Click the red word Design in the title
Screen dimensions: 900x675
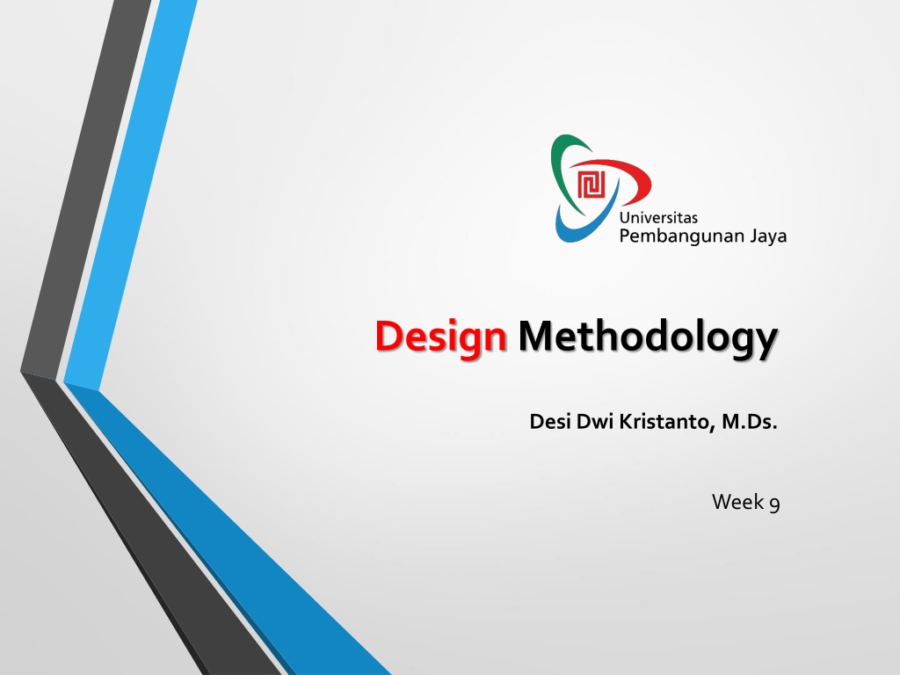pyautogui.click(x=441, y=338)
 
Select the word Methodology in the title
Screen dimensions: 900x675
pyautogui.click(x=648, y=338)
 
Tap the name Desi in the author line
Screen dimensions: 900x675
pyautogui.click(x=550, y=421)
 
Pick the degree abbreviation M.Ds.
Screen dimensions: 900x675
pyautogui.click(x=750, y=422)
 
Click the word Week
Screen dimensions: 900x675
pyautogui.click(x=737, y=502)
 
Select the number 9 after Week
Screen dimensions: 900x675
pyautogui.click(x=774, y=504)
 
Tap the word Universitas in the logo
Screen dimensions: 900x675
pyautogui.click(x=658, y=218)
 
